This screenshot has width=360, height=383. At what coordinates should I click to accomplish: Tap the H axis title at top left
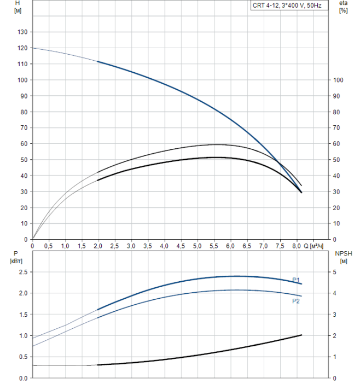pyautogui.click(x=18, y=7)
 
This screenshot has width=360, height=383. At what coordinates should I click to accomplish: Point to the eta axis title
pyautogui.click(x=344, y=7)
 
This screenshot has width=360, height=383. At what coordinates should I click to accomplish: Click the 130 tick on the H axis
pyautogui.click(x=22, y=32)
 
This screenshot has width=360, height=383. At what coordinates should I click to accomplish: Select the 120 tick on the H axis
pyautogui.click(x=22, y=48)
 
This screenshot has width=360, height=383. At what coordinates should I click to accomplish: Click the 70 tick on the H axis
pyautogui.click(x=24, y=128)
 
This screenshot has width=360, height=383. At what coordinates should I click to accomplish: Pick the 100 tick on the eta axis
pyautogui.click(x=338, y=80)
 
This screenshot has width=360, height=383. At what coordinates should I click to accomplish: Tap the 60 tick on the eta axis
pyautogui.click(x=336, y=144)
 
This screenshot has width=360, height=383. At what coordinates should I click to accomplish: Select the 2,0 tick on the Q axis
pyautogui.click(x=98, y=247)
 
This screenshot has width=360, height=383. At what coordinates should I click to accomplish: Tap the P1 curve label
pyautogui.click(x=296, y=280)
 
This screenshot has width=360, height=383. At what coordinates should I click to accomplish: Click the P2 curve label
pyautogui.click(x=296, y=301)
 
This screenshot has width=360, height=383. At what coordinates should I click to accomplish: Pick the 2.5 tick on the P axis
pyautogui.click(x=24, y=272)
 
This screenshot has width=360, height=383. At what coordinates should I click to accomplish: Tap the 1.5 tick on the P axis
pyautogui.click(x=24, y=315)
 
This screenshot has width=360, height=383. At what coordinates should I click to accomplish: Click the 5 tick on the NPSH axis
pyautogui.click(x=335, y=272)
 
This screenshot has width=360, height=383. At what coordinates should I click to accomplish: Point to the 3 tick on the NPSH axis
pyautogui.click(x=335, y=315)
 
